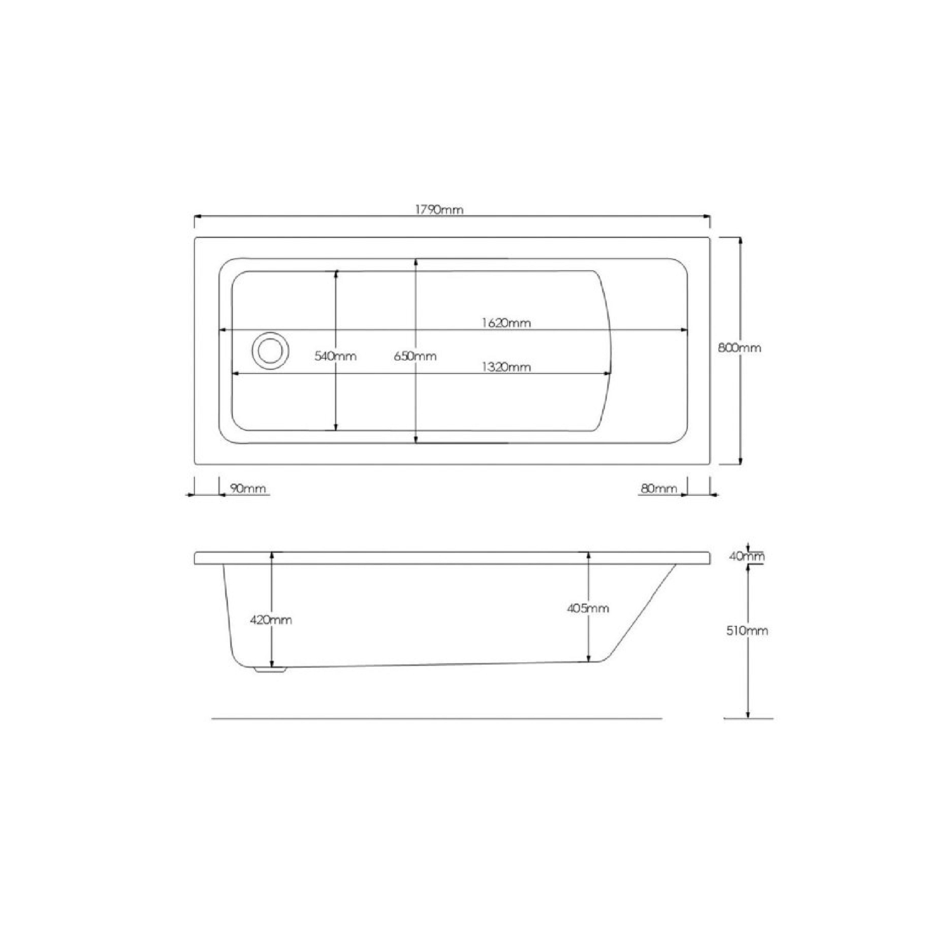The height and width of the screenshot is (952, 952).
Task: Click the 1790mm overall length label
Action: click(x=440, y=209)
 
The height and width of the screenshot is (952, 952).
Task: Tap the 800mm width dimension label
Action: click(x=739, y=348)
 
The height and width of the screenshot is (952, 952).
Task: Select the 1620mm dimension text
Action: click(x=506, y=322)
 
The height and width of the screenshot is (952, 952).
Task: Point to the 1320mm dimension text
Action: click(x=506, y=366)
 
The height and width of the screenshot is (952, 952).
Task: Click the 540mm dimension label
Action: click(x=336, y=356)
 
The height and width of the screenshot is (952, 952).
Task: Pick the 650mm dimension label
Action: click(x=415, y=356)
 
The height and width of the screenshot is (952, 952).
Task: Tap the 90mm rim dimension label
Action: click(x=248, y=488)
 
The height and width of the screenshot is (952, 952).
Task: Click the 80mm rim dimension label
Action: click(x=659, y=488)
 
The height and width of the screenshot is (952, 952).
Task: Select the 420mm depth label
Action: click(x=271, y=619)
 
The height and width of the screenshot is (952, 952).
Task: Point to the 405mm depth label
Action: click(x=588, y=608)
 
